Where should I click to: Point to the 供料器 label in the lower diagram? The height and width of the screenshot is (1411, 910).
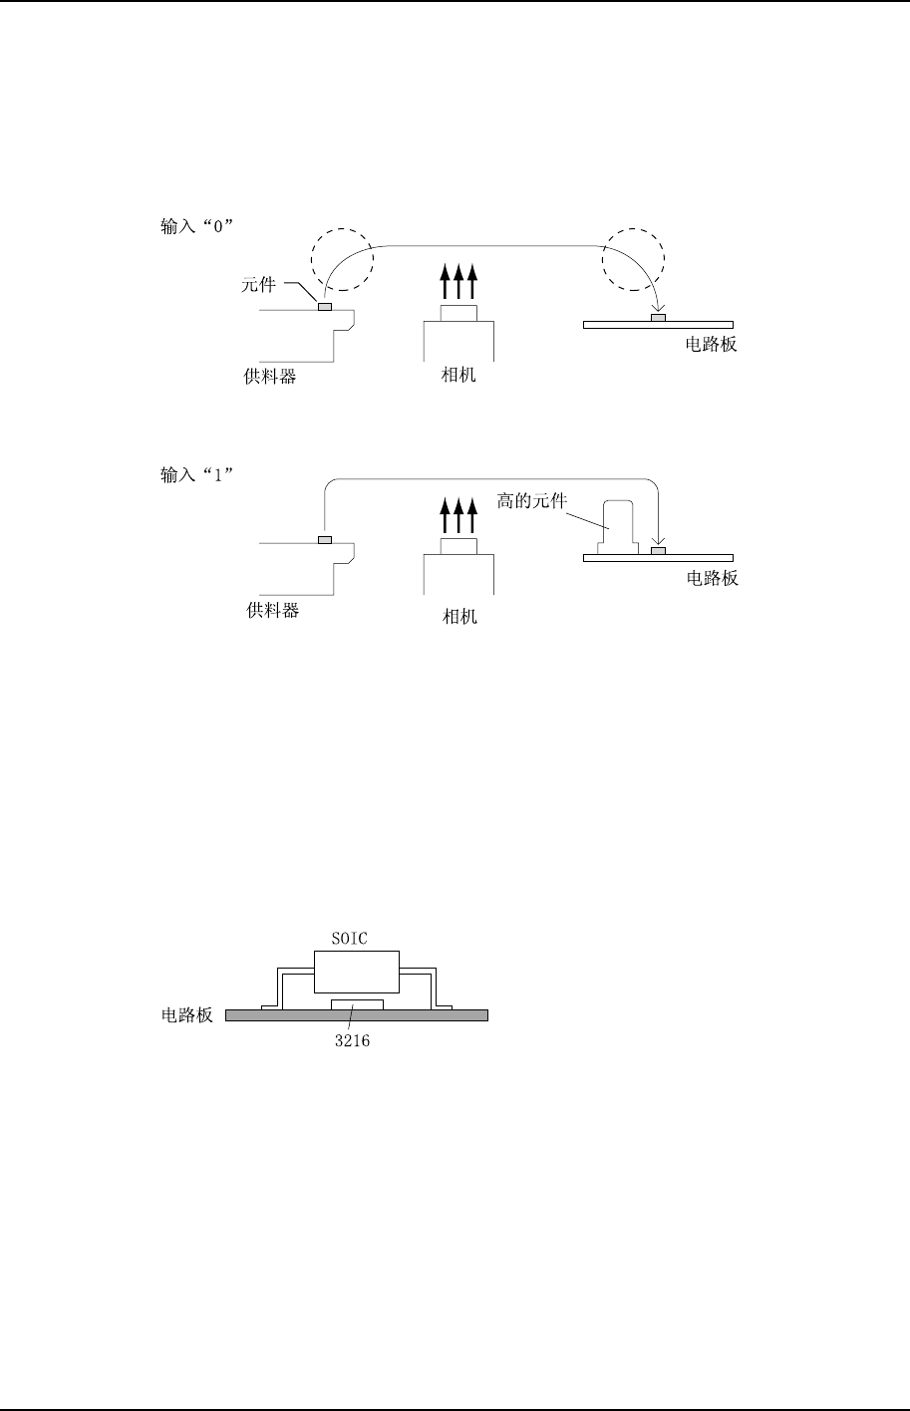tap(272, 611)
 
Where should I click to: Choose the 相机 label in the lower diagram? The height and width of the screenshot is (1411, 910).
tap(459, 617)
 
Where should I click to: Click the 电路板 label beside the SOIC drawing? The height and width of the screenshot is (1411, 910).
tap(187, 1017)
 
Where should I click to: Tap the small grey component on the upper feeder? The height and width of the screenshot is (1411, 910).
tap(325, 307)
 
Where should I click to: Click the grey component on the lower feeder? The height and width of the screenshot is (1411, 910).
tap(325, 541)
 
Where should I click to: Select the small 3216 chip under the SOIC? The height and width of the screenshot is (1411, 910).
tap(356, 1002)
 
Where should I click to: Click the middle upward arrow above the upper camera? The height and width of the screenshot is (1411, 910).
tap(458, 281)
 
